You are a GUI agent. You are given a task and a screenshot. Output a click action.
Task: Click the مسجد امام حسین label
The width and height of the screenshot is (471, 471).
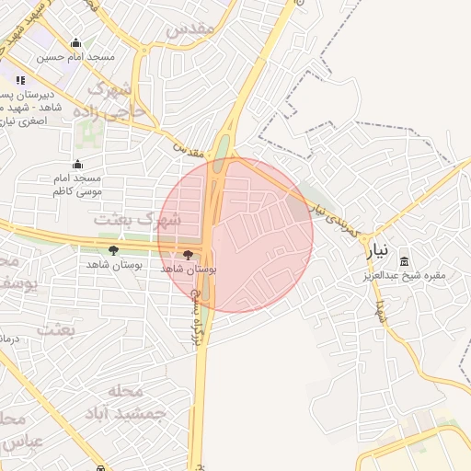[76, 57]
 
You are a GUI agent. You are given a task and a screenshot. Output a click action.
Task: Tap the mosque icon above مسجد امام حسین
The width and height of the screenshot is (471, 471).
[75, 42]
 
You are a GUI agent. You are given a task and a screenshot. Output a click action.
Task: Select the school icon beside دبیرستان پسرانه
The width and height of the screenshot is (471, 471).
[20, 81]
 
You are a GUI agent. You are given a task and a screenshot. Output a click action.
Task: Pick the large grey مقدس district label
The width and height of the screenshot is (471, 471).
[192, 29]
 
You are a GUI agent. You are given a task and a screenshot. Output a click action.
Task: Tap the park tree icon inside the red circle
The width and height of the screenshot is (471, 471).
[189, 254]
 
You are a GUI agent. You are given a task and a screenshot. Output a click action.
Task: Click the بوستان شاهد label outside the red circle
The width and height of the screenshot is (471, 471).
[112, 265]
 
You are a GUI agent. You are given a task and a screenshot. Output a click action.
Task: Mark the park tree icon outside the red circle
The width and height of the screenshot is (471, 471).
[113, 250]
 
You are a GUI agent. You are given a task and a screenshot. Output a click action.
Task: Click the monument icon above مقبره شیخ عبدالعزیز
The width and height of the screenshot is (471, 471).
[405, 260]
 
